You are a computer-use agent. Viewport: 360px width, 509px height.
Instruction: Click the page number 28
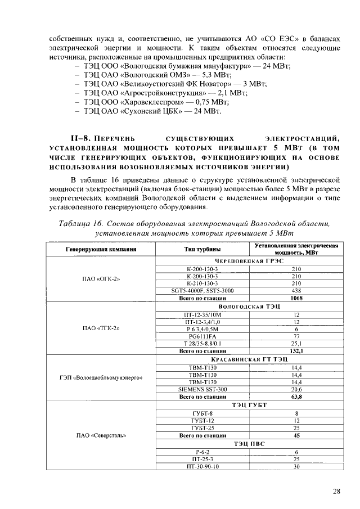coord(336,491)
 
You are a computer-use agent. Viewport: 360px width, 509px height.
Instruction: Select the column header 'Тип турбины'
coord(202,249)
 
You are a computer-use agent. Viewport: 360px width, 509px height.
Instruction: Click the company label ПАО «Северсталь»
coord(101,435)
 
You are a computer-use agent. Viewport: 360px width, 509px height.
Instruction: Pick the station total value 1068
coord(296,298)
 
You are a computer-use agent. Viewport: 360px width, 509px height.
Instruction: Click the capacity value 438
coord(296,291)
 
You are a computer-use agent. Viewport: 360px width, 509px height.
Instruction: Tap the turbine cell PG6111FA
coord(202,336)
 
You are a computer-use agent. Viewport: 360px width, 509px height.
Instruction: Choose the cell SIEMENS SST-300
coord(202,389)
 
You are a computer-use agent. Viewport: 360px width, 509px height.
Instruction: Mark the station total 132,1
coord(296,351)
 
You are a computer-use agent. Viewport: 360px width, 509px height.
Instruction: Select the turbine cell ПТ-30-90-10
coord(202,466)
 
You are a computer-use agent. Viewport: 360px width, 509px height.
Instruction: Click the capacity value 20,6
coord(296,389)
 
